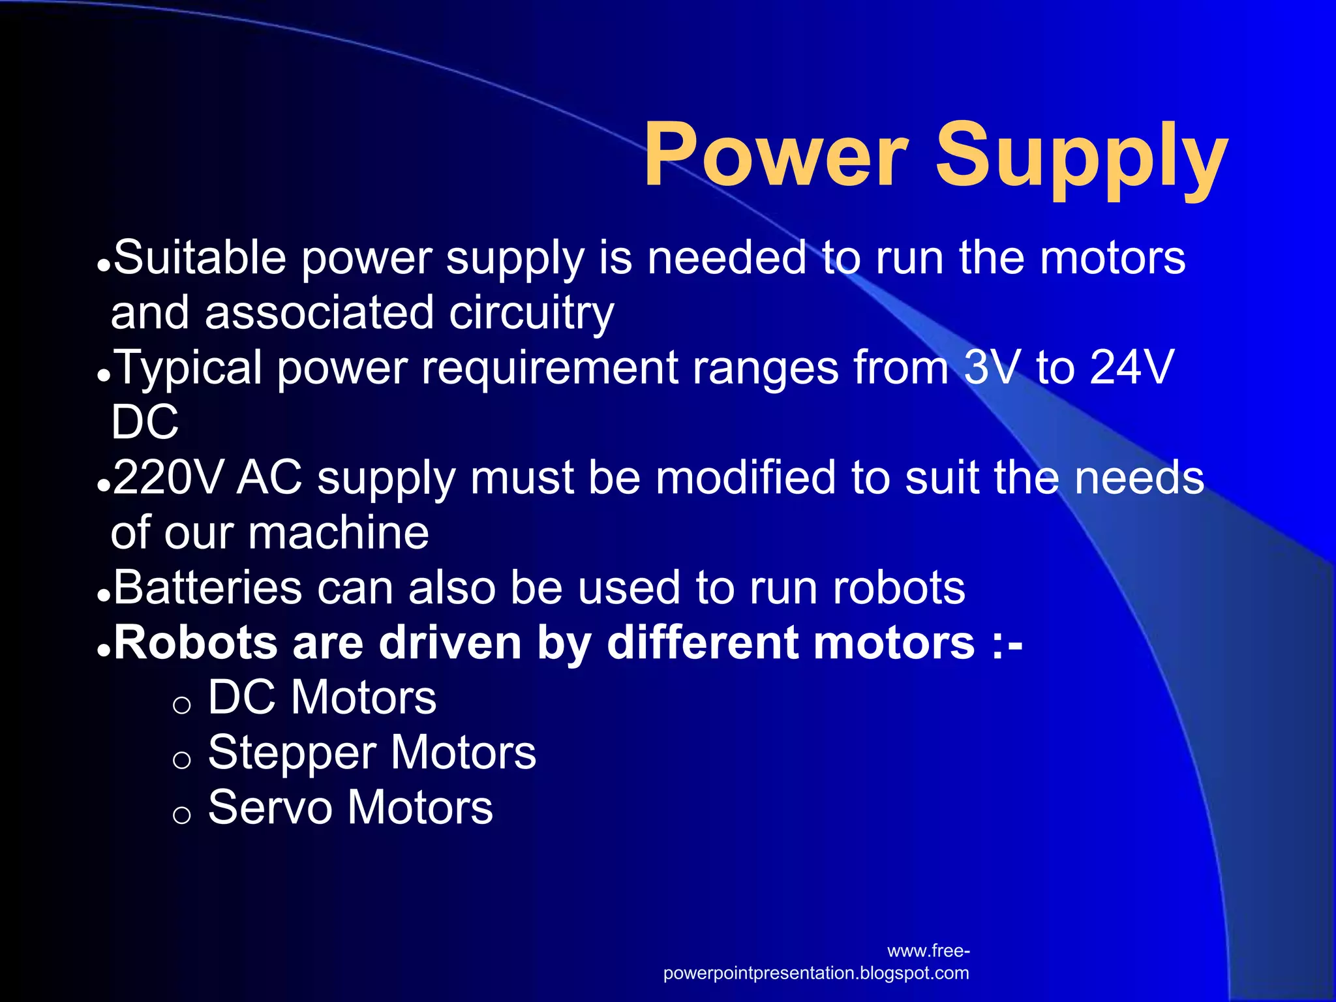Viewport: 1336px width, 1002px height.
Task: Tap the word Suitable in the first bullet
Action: [x=200, y=258]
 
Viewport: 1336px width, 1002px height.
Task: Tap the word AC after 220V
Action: [x=269, y=478]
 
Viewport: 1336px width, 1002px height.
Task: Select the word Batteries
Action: [x=207, y=588]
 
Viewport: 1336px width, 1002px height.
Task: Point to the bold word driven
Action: [x=451, y=643]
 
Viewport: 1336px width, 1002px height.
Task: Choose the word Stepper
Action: [x=292, y=753]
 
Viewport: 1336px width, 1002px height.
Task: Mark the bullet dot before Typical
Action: [x=102, y=376]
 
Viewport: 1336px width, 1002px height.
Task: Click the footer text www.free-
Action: [x=928, y=951]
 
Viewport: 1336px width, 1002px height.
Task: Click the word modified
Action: [x=746, y=478]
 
